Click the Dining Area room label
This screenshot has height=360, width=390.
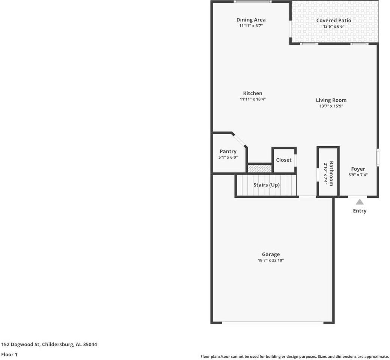pyautogui.click(x=251, y=20)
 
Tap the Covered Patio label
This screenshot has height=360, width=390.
pyautogui.click(x=334, y=21)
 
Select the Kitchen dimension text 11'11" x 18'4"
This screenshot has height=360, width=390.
pyautogui.click(x=253, y=99)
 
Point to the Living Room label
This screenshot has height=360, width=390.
pyautogui.click(x=331, y=100)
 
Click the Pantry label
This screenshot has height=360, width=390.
pyautogui.click(x=228, y=151)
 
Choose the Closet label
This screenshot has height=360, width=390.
pyautogui.click(x=283, y=160)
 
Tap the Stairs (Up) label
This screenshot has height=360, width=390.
pyautogui.click(x=267, y=185)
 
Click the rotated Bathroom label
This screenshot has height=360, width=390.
pyautogui.click(x=331, y=173)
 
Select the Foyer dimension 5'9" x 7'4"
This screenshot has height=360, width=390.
pyautogui.click(x=358, y=175)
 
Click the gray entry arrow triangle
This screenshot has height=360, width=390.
pyautogui.click(x=360, y=202)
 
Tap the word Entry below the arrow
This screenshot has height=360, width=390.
pyautogui.click(x=360, y=211)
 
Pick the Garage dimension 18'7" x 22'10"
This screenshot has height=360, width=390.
pyautogui.click(x=271, y=260)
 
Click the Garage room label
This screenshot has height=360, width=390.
pyautogui.click(x=271, y=254)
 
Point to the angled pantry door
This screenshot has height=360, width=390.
pyautogui.click(x=239, y=139)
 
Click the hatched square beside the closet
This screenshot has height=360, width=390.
pyautogui.click(x=259, y=168)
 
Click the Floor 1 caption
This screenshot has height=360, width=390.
pyautogui.click(x=9, y=354)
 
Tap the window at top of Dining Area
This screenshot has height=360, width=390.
pyautogui.click(x=252, y=2)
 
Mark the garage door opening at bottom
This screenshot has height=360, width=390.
pyautogui.click(x=273, y=322)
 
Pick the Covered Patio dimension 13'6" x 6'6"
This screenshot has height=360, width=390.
pyautogui.click(x=334, y=27)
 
